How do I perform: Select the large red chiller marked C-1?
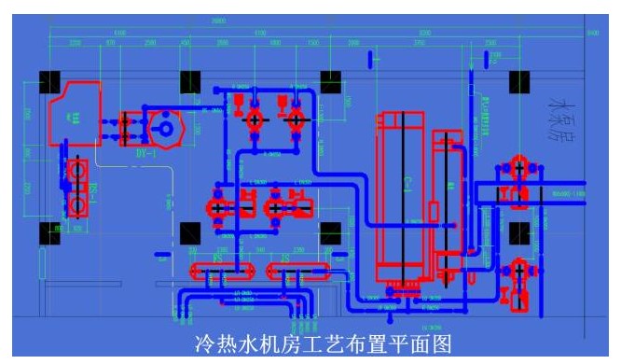(x=403, y=196)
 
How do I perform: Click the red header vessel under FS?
(x=221, y=272)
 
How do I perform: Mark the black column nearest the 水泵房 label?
(x=519, y=82)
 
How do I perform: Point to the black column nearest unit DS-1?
(x=49, y=232)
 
